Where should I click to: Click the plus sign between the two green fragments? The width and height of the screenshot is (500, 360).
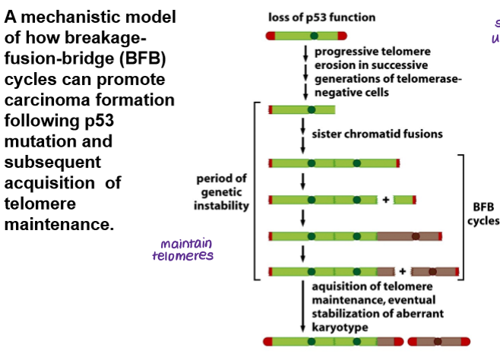386,200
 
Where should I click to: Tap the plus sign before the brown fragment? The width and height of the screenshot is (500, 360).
403,271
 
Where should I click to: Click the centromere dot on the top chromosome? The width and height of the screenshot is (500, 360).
312,35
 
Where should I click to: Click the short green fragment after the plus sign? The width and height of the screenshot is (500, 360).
403,200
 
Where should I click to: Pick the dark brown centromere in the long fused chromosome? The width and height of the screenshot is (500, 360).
416,236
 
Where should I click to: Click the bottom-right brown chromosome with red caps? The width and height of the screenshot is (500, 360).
439,341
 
